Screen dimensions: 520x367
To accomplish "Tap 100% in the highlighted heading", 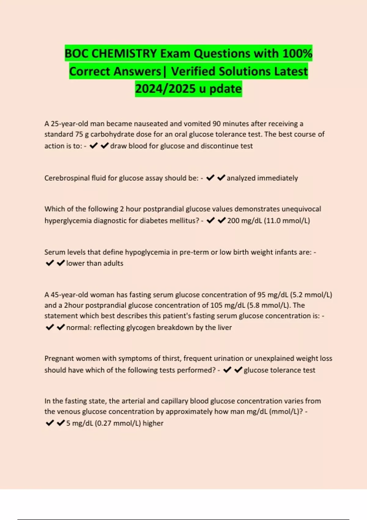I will pos(297,54).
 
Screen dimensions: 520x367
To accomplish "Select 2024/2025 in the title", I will pos(165,89).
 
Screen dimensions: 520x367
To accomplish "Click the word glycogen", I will pos(138,327).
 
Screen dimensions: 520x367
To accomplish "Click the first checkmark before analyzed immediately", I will pos(210,178).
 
